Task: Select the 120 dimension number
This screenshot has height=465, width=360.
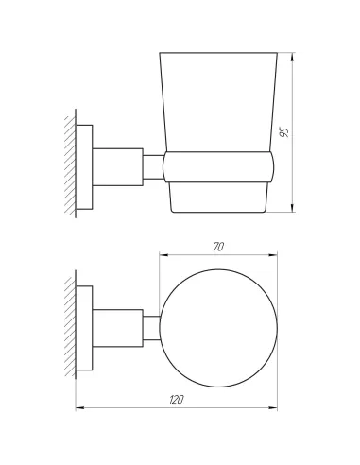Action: [177, 401]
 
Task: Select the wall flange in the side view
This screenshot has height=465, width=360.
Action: [85, 165]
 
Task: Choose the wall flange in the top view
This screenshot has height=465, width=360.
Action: [85, 328]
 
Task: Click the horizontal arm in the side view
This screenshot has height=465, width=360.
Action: [118, 165]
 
